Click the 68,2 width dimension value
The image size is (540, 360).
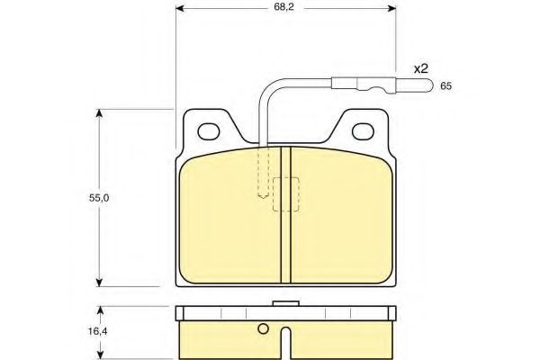click(x=283, y=7)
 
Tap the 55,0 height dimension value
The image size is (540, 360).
click(x=99, y=198)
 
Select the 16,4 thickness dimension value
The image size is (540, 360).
click(x=98, y=331)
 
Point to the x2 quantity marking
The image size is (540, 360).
click(x=420, y=69)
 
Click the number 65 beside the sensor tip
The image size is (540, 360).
click(x=445, y=86)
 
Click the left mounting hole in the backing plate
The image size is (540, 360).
click(x=209, y=131)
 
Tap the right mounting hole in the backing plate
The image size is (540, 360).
click(x=363, y=131)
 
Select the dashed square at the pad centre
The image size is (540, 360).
click(x=286, y=194)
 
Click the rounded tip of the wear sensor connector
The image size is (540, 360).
click(x=428, y=85)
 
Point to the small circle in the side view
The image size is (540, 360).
click(x=263, y=329)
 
